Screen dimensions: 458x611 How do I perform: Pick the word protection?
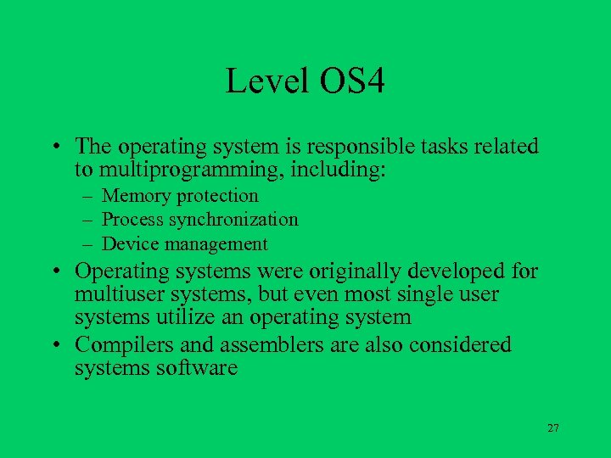point(217,196)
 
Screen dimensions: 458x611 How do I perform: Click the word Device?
point(128,244)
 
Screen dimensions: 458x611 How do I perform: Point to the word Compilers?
point(120,344)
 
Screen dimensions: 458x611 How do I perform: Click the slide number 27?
point(552,428)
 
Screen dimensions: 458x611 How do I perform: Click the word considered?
point(462,344)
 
